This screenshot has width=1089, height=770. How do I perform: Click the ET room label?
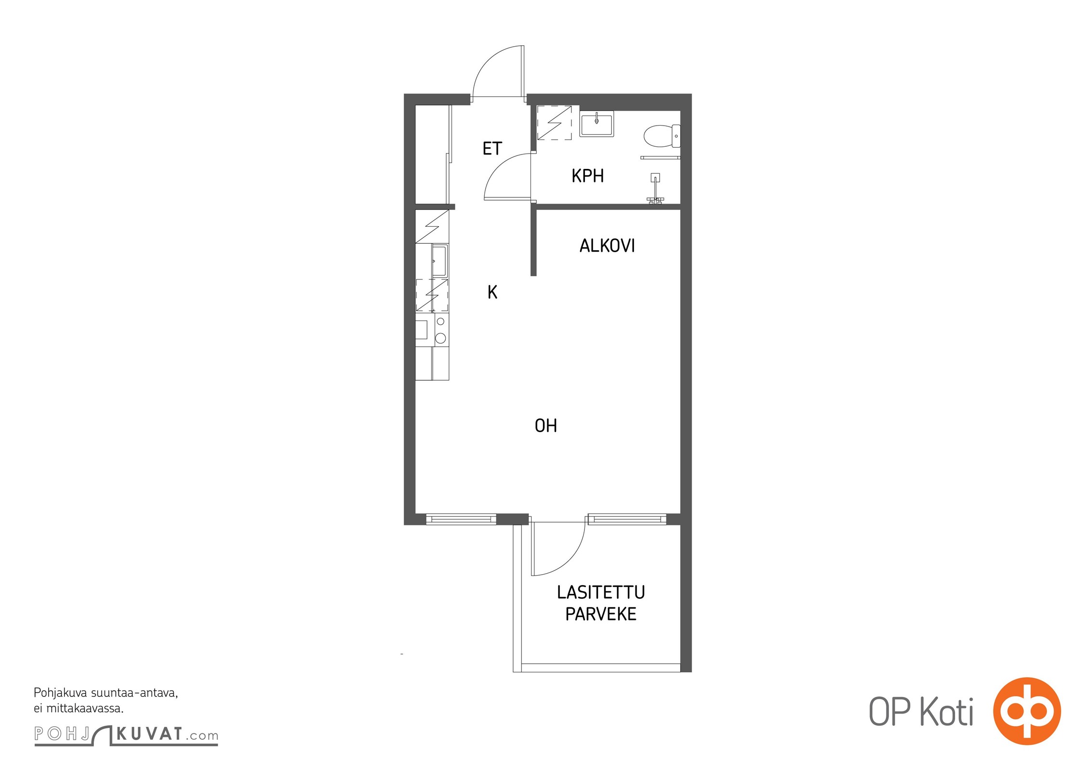[492, 148]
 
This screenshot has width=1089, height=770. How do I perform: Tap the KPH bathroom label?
[587, 176]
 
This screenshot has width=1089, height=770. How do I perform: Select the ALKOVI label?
[607, 246]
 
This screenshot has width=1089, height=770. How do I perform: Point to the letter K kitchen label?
[492, 292]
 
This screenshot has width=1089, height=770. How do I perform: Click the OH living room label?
[546, 425]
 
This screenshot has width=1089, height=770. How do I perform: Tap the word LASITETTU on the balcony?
[601, 592]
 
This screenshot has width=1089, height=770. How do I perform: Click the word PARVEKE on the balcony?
[601, 614]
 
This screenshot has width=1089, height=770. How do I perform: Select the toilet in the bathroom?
[662, 136]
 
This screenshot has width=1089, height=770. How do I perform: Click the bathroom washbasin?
[596, 124]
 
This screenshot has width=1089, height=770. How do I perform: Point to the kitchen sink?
[440, 260]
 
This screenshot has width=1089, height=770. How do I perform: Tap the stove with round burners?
[441, 330]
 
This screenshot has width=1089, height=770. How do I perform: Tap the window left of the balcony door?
[461, 519]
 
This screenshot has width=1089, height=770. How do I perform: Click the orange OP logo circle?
[1027, 711]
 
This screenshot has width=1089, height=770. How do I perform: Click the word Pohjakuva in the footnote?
[61, 693]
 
